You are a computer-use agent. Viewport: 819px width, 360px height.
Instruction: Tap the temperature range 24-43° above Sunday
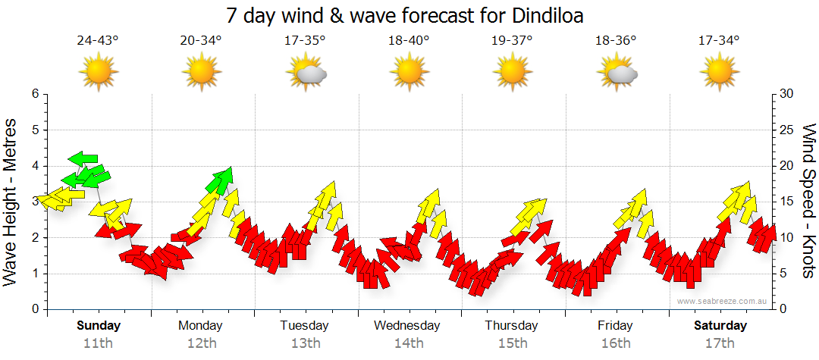[98, 41]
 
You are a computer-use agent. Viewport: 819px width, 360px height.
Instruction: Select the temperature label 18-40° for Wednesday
[409, 41]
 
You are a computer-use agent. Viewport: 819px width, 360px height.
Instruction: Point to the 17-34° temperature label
[718, 41]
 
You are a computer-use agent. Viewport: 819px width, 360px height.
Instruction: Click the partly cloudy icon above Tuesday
[306, 74]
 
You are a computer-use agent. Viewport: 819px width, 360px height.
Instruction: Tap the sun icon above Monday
[202, 74]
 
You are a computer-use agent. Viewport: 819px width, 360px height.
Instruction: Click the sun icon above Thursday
[512, 74]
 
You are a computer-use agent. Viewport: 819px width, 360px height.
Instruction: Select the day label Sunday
[98, 326]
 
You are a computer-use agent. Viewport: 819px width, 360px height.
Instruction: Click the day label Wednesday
[407, 326]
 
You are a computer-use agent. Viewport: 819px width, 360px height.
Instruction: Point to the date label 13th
[305, 343]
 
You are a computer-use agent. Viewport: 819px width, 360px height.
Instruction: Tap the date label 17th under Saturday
[720, 343]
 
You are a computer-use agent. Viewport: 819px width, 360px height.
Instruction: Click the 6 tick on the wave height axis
[34, 94]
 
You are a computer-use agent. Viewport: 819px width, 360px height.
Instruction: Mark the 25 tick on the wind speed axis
[787, 130]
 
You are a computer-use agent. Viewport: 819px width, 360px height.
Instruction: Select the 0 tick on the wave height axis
[34, 309]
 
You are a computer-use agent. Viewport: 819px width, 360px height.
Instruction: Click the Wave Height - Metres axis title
[11, 202]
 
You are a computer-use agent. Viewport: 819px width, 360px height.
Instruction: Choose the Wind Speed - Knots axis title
[808, 202]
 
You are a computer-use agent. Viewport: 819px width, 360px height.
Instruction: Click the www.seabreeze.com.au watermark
[723, 301]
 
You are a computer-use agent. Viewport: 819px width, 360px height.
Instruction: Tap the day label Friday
[615, 326]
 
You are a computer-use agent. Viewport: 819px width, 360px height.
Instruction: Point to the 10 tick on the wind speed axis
[787, 237]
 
